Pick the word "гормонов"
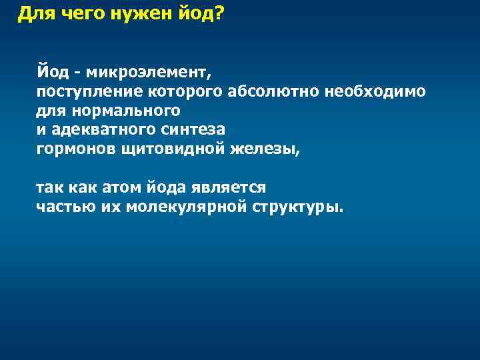click(76, 148)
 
